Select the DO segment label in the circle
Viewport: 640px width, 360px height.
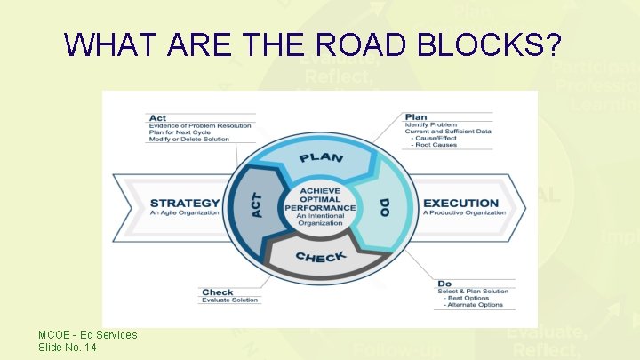384,208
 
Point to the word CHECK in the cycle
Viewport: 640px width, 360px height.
321,258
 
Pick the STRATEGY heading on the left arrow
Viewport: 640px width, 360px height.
185,203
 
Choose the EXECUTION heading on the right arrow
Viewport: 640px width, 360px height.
460,203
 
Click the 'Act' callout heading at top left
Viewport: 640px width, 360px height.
157,117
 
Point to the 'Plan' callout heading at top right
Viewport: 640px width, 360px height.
415,116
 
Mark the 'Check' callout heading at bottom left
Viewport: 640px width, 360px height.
217,292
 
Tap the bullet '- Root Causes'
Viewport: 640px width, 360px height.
433,145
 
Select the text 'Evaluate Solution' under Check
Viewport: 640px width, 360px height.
229,300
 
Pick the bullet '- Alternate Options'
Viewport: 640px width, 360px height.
474,305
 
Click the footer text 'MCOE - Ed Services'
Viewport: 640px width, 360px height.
88,335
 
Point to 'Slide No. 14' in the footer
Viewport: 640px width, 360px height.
68,347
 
